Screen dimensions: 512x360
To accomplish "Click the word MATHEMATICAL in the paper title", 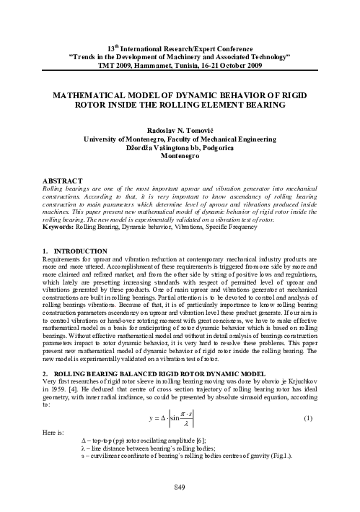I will pyautogui.click(x=90, y=95).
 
